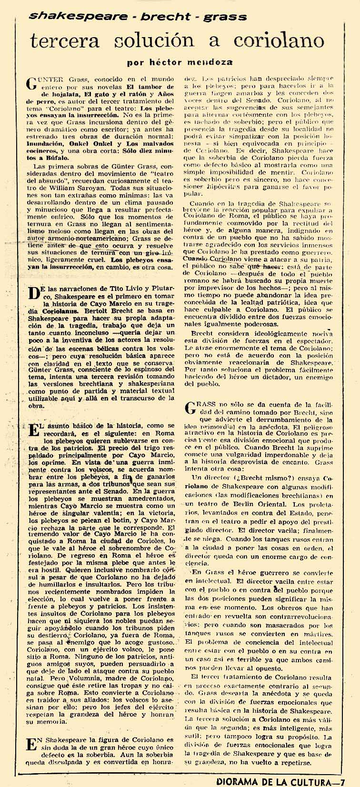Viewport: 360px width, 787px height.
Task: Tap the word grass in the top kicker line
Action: click(x=225, y=18)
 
